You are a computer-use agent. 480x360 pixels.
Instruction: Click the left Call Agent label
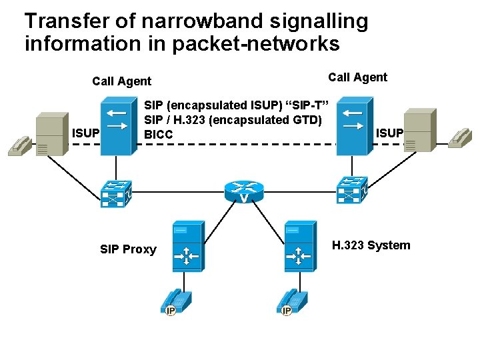(x=121, y=81)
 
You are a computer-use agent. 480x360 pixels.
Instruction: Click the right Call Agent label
(x=357, y=77)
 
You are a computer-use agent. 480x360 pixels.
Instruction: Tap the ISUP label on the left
(x=85, y=133)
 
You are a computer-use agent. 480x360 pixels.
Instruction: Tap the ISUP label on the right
(x=389, y=133)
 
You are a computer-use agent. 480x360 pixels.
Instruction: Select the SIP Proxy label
(x=128, y=249)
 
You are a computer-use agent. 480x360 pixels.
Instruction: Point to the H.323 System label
(x=371, y=245)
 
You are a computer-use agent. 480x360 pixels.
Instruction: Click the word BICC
(x=159, y=135)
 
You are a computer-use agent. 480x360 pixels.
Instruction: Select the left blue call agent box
(x=115, y=126)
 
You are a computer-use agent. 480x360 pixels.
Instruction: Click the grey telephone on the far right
(x=459, y=137)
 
